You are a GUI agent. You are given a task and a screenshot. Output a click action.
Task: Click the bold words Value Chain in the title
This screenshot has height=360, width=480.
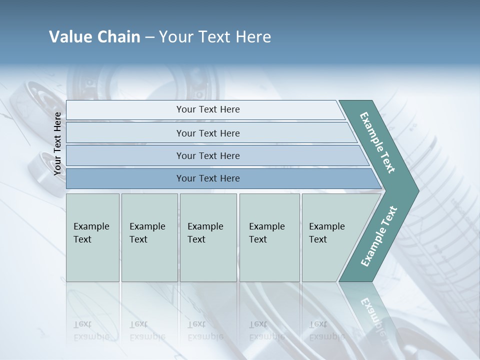94,37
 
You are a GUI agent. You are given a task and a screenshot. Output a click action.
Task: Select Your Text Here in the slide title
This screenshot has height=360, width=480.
215,37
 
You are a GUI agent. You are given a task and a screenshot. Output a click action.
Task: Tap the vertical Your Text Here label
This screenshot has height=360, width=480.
57,143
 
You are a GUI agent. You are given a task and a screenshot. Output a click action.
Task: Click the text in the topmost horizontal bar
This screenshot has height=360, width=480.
208,109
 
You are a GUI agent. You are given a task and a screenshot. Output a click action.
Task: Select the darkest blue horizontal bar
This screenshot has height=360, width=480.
220,178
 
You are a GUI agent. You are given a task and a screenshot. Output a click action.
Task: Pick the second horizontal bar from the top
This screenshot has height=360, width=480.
208,133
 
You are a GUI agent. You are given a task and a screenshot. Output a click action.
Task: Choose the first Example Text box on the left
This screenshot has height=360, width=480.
92,237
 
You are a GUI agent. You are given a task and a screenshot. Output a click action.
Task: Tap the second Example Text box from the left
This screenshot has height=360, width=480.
149,237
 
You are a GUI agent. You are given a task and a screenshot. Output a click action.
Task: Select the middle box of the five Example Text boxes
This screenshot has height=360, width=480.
208,237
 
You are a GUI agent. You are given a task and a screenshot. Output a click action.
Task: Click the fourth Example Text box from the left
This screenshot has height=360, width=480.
269,237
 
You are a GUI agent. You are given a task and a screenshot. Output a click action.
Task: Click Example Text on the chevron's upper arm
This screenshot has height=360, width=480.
377,142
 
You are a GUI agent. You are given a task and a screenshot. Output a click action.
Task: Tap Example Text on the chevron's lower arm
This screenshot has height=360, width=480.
378,236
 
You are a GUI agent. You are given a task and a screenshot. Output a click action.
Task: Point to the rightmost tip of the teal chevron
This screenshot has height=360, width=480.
417,190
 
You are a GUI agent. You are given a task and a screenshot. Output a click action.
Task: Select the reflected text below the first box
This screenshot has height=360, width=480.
91,330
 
